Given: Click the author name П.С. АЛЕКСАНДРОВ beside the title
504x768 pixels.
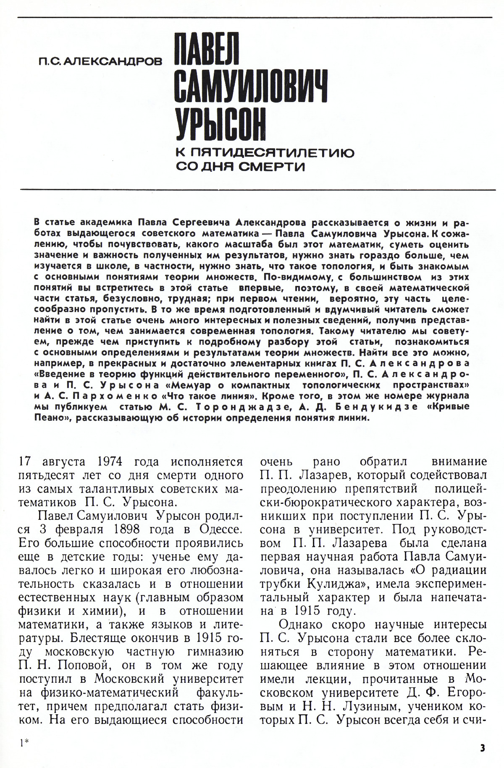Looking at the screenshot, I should coord(99,62).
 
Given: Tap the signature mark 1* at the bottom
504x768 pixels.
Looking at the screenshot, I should coord(24,742).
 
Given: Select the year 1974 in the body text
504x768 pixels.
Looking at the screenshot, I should coord(110,461).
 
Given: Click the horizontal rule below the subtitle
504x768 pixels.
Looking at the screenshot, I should coord(256,190).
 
